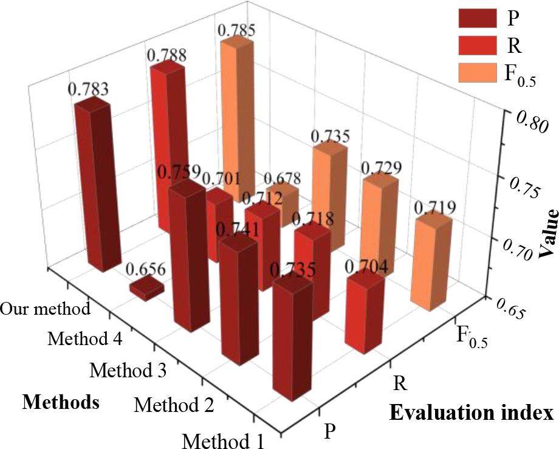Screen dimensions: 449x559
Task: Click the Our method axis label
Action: coord(46,308)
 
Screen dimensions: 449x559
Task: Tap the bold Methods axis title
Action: coord(61,401)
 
